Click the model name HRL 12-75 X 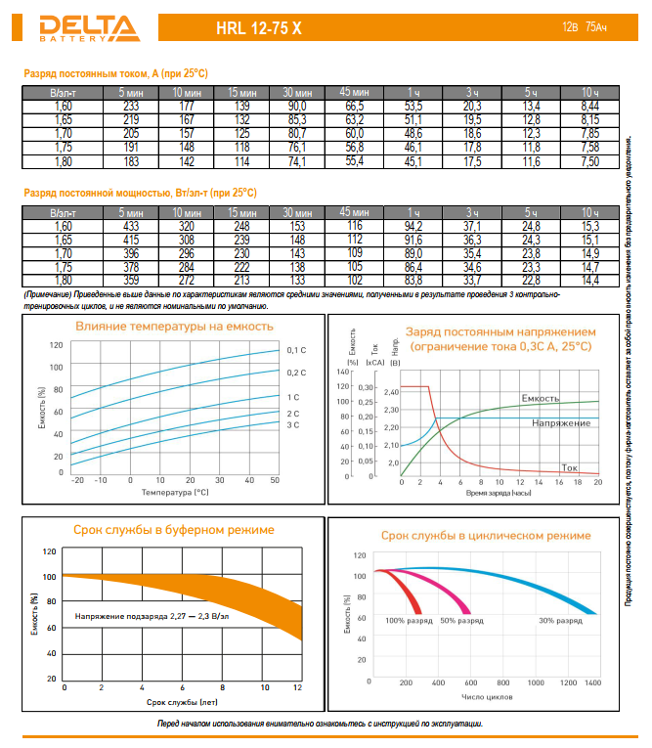pyautogui.click(x=258, y=28)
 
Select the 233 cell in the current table pyautogui.click(x=131, y=106)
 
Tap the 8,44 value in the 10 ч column pyautogui.click(x=589, y=106)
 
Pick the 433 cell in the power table pyautogui.click(x=131, y=226)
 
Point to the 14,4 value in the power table pyautogui.click(x=589, y=281)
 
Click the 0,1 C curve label pyautogui.click(x=297, y=350)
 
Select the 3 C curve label pyautogui.click(x=293, y=426)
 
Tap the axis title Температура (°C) pyautogui.click(x=175, y=494)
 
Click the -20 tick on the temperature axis pyautogui.click(x=77, y=481)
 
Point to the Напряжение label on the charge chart pyautogui.click(x=561, y=422)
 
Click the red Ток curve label pyautogui.click(x=570, y=466)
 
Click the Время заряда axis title pyautogui.click(x=499, y=494)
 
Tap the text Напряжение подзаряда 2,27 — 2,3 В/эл pyautogui.click(x=152, y=616)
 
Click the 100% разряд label pyautogui.click(x=408, y=621)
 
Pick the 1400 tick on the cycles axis pyautogui.click(x=592, y=682)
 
